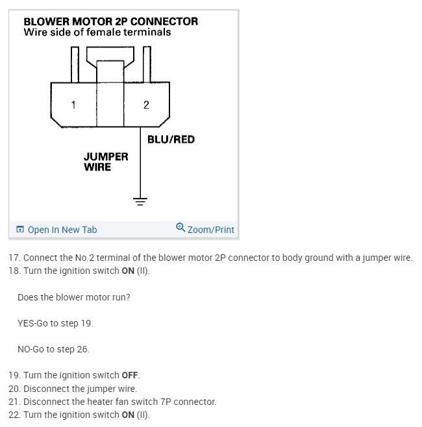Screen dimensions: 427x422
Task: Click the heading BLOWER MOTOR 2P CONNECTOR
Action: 110,21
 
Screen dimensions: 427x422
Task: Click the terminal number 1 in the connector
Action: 73,104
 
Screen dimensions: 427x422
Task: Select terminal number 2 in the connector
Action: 146,104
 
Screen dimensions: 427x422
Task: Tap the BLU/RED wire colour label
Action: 171,140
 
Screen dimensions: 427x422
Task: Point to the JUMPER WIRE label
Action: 106,162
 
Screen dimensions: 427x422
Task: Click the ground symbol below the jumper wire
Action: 140,199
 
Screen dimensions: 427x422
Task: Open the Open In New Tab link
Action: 62,230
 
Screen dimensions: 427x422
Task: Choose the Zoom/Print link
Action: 210,230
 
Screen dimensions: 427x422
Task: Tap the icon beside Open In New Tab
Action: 20,230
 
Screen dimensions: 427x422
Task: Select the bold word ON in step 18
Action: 129,271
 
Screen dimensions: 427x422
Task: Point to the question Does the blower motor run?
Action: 73,297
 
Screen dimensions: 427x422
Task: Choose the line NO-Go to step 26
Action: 53,349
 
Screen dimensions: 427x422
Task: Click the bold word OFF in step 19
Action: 130,375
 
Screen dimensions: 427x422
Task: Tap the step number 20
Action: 14,389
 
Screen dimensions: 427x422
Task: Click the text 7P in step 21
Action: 164,402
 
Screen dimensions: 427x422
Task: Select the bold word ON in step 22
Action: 129,415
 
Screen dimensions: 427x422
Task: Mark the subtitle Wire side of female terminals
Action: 97,32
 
